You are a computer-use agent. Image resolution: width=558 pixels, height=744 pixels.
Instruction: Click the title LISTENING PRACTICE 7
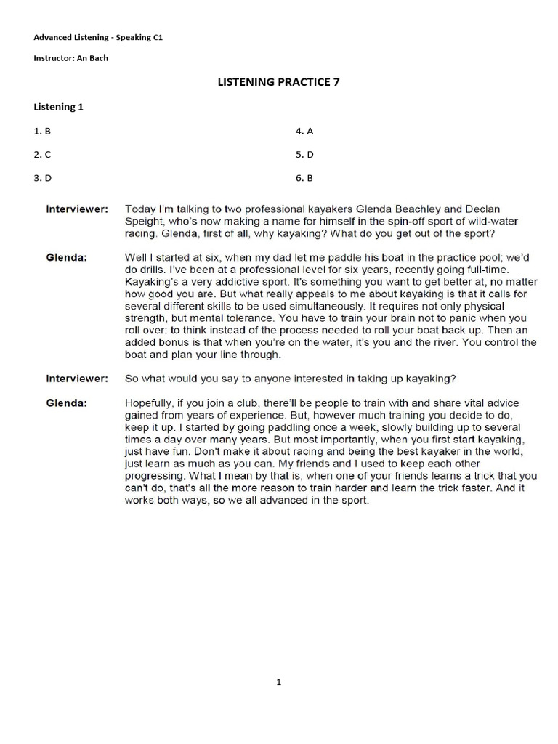pyautogui.click(x=279, y=82)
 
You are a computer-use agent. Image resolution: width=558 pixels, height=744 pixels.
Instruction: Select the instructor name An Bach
pyautogui.click(x=91, y=58)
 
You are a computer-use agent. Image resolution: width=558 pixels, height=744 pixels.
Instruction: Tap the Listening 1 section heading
pyautogui.click(x=59, y=107)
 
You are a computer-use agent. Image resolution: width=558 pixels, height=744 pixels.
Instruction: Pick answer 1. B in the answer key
pyautogui.click(x=42, y=132)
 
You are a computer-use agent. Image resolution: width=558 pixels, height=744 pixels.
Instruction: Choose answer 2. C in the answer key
pyautogui.click(x=42, y=155)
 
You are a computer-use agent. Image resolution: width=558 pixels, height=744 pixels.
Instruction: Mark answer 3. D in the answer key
pyautogui.click(x=42, y=178)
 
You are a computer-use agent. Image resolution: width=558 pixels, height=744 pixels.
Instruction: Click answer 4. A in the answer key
pyautogui.click(x=304, y=132)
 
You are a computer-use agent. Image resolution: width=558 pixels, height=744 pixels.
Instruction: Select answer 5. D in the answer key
pyautogui.click(x=304, y=155)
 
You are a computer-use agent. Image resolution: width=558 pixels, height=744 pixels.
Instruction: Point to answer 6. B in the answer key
pyautogui.click(x=304, y=178)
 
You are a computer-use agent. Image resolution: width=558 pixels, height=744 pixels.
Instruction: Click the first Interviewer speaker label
pyautogui.click(x=77, y=209)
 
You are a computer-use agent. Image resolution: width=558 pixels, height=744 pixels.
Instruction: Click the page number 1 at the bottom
pyautogui.click(x=279, y=682)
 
